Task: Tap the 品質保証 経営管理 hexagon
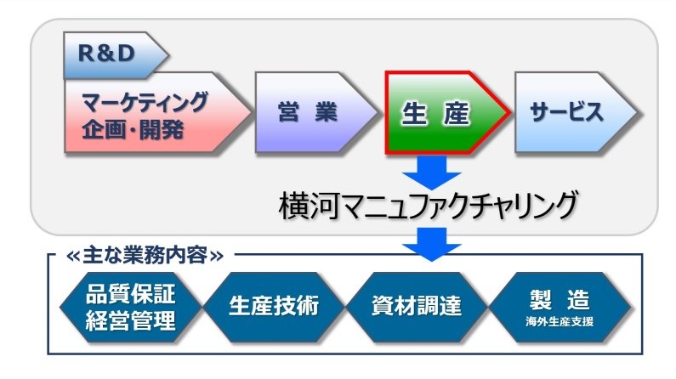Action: pos(131,306)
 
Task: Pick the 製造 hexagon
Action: pos(559,306)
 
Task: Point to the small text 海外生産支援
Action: pos(559,322)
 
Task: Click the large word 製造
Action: pos(559,299)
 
